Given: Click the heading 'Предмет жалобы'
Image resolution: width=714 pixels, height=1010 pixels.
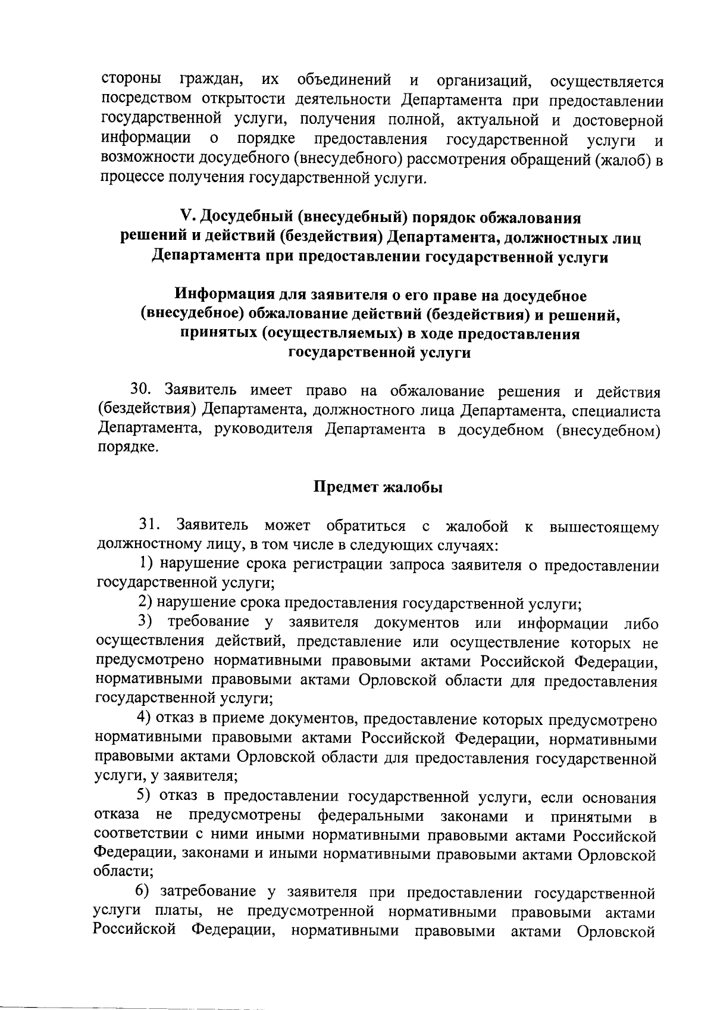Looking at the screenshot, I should [x=378, y=487].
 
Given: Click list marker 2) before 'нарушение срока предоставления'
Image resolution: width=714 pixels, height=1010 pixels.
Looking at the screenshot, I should [x=146, y=602].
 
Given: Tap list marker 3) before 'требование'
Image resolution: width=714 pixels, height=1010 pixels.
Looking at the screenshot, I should [x=146, y=622].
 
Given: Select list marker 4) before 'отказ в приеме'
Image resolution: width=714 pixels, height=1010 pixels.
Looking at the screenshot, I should [x=146, y=719].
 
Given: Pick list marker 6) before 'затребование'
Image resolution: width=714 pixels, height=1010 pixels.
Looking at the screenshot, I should [x=143, y=892].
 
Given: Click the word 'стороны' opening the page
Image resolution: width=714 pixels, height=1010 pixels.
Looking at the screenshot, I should [x=131, y=79].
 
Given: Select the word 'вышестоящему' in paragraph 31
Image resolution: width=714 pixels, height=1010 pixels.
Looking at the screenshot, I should [x=604, y=527].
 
